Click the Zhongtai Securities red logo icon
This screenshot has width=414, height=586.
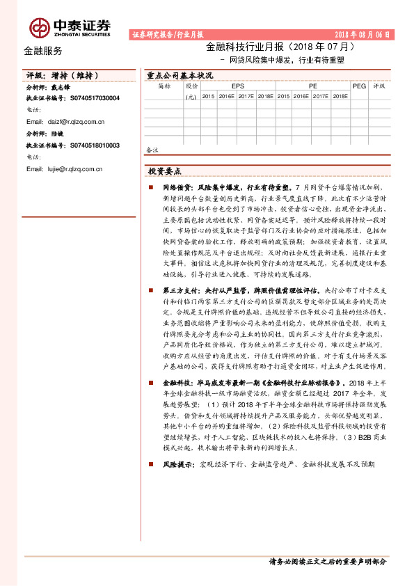pos(39,27)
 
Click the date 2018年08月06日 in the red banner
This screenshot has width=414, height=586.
pos(363,34)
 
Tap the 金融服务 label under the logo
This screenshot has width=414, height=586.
pos(43,51)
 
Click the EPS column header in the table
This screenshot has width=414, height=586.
pos(238,86)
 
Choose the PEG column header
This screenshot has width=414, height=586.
pos(360,86)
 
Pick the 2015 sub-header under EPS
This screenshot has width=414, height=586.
pos(208,97)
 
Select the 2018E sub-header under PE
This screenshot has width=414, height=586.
pos(340,97)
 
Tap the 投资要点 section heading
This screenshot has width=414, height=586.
pos(164,171)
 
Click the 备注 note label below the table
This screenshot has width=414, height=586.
pos(152,149)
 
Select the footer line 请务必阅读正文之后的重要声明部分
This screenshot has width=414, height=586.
pos(326,561)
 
